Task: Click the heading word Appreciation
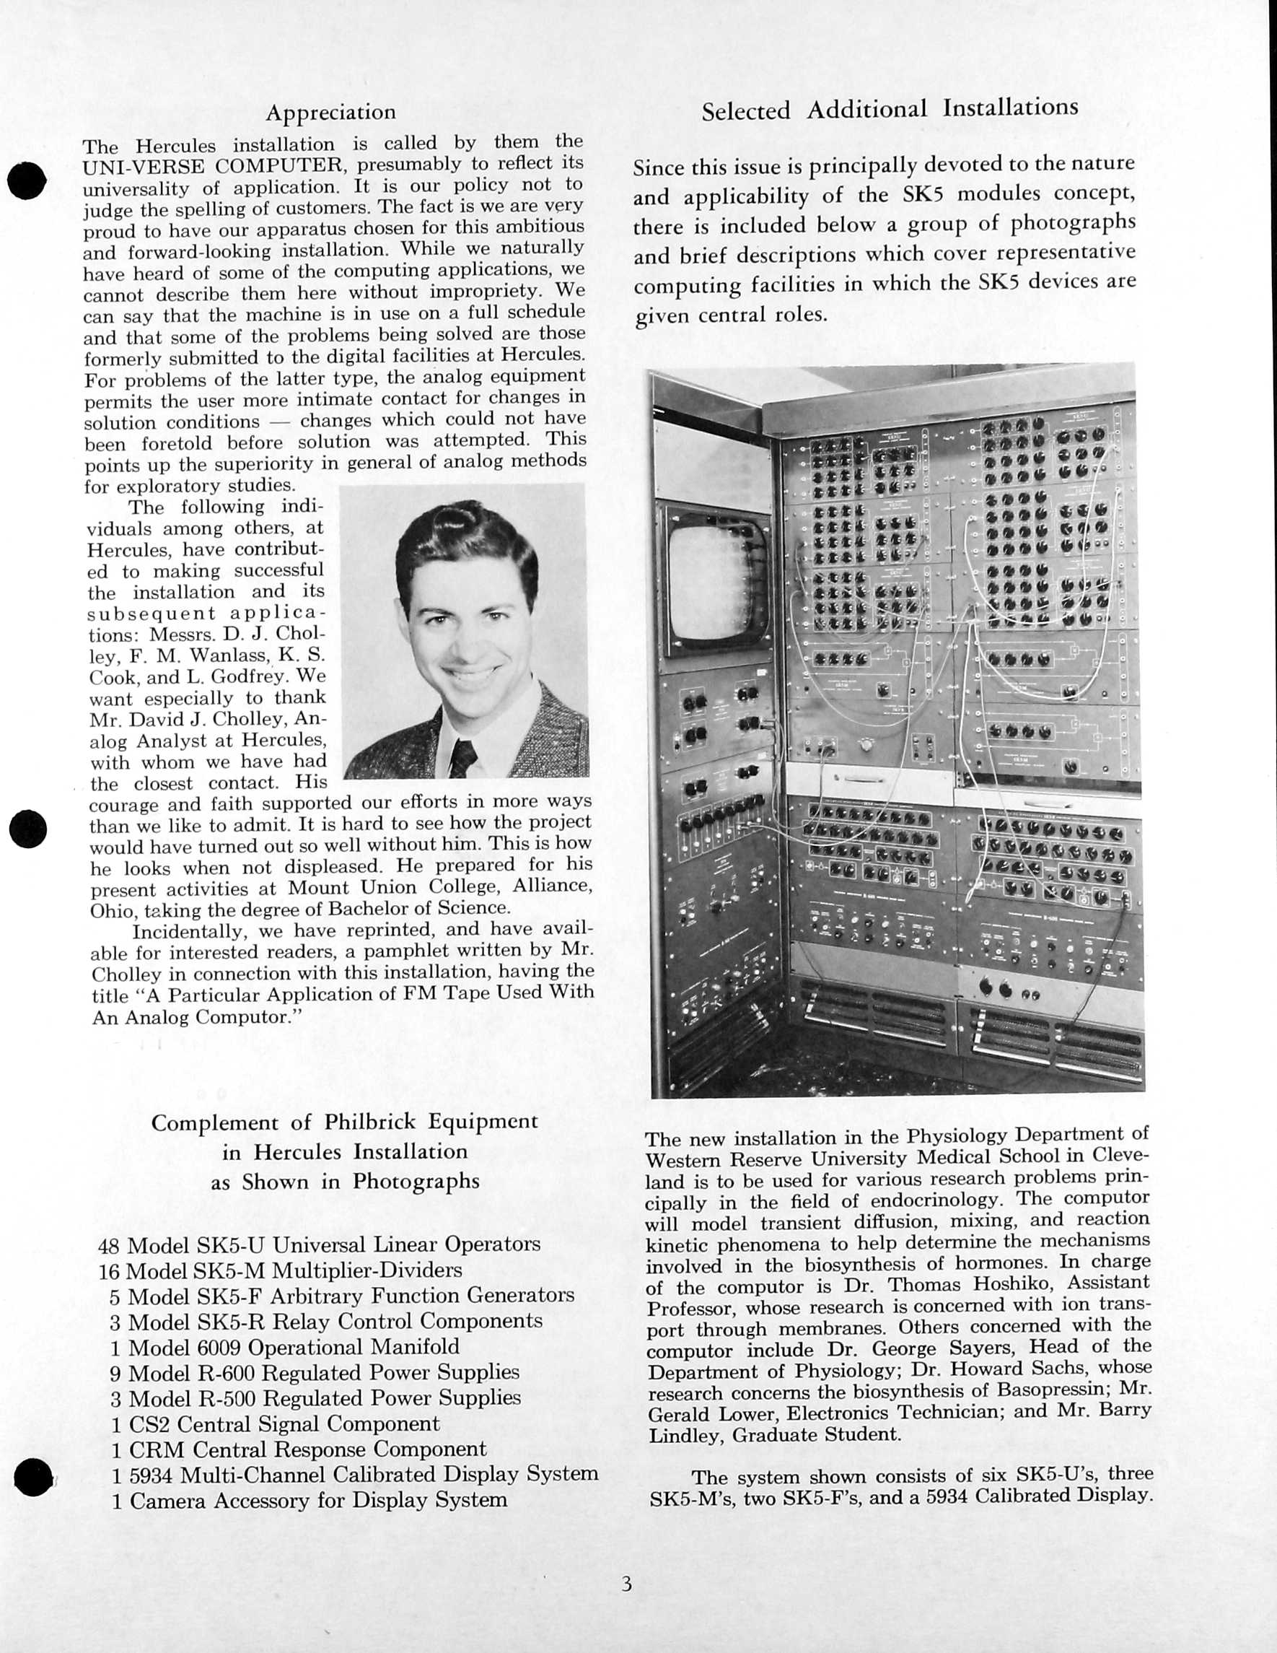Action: [x=330, y=113]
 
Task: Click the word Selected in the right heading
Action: [x=745, y=111]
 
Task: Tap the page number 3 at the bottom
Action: [x=626, y=1584]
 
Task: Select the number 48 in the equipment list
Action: [x=110, y=1245]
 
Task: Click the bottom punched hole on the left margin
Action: [x=33, y=1477]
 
